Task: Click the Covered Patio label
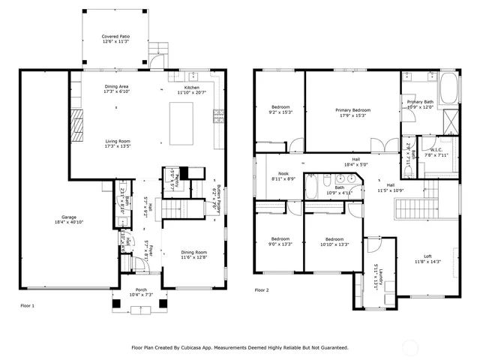coord(115,38)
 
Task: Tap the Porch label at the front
coord(141,292)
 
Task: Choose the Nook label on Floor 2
coord(283,175)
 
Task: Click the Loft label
coord(427,259)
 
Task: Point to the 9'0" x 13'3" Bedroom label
coord(280,241)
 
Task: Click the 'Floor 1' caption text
coord(27,306)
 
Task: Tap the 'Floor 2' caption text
coord(261,289)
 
